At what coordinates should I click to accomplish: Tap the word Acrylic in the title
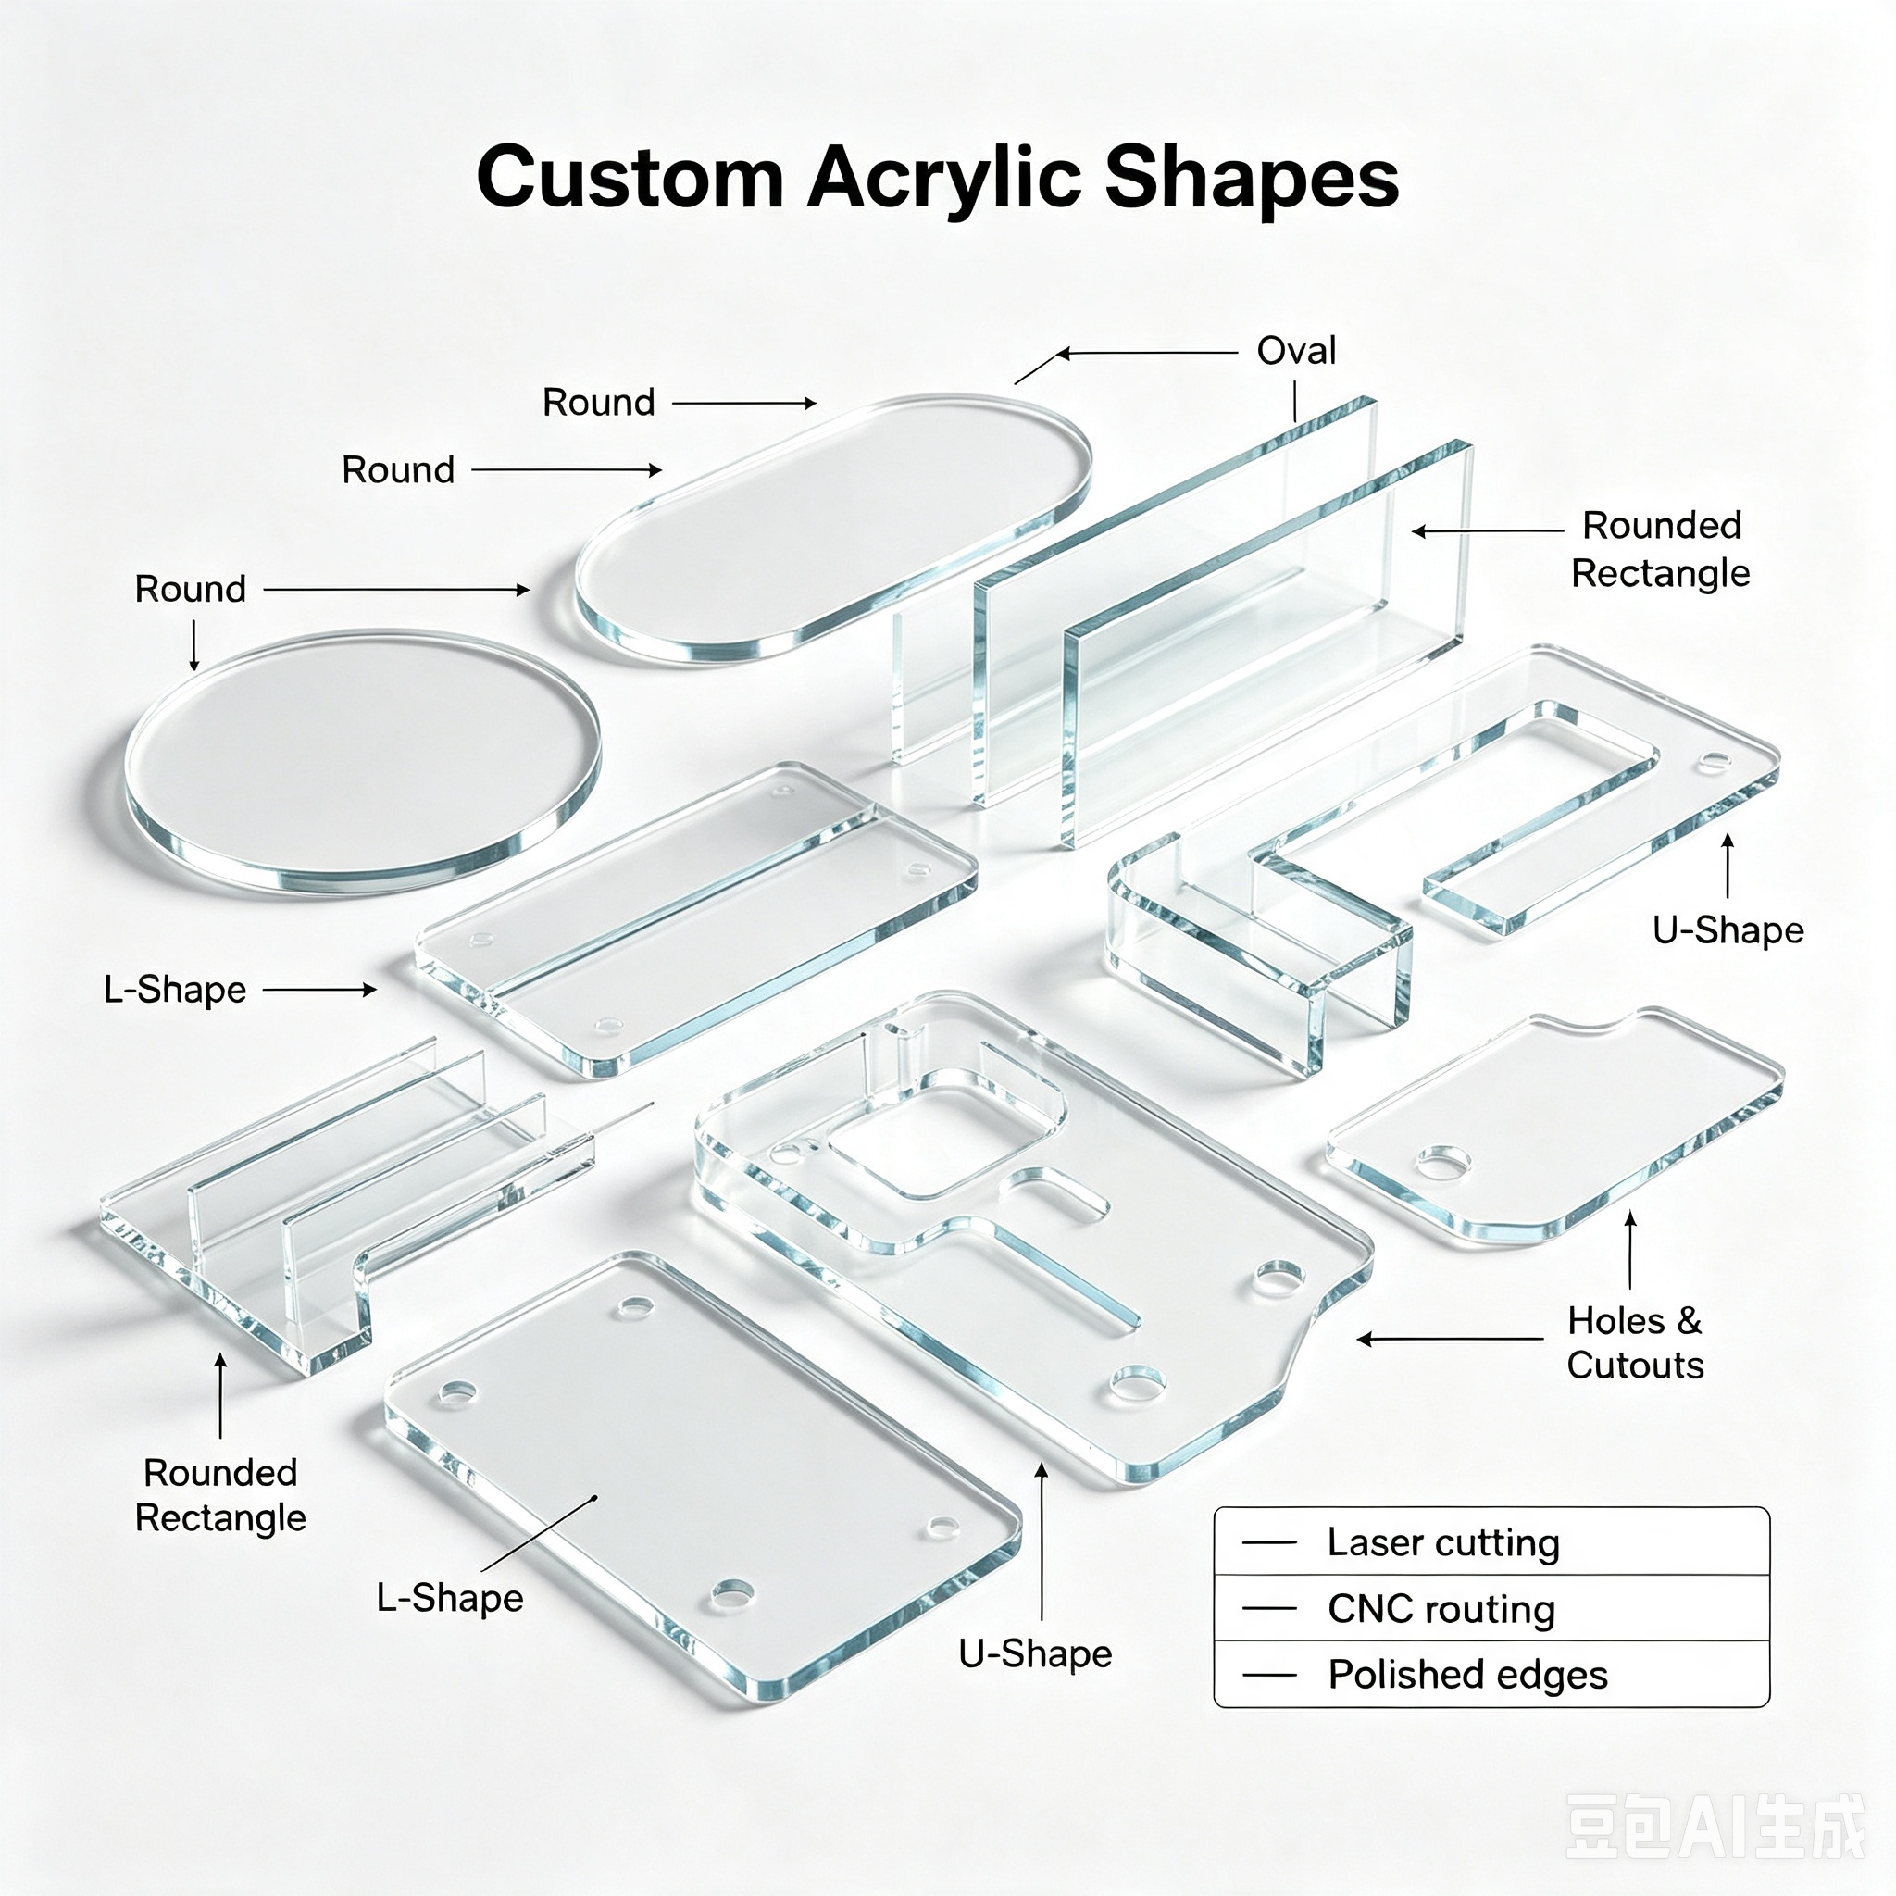coord(944,181)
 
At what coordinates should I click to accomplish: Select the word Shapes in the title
coord(1253,181)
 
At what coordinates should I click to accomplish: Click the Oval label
coord(1296,350)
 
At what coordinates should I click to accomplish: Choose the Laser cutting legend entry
coord(1442,1541)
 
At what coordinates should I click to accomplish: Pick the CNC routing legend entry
coord(1441,1608)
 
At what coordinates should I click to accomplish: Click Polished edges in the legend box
coord(1467,1673)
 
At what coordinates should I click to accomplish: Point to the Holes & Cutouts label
coord(1635,1342)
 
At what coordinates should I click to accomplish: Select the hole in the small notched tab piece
coord(1442,1164)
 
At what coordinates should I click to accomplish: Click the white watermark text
coord(1715,1826)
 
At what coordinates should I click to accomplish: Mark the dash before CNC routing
coord(1269,1608)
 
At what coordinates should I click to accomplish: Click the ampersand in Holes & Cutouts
coord(1688,1321)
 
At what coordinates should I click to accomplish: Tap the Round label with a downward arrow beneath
coord(191,589)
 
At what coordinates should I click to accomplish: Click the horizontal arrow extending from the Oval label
coord(1146,353)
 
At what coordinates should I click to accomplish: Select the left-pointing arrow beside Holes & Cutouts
coord(1450,1339)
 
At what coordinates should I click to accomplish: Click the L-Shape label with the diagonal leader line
coord(449,1599)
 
